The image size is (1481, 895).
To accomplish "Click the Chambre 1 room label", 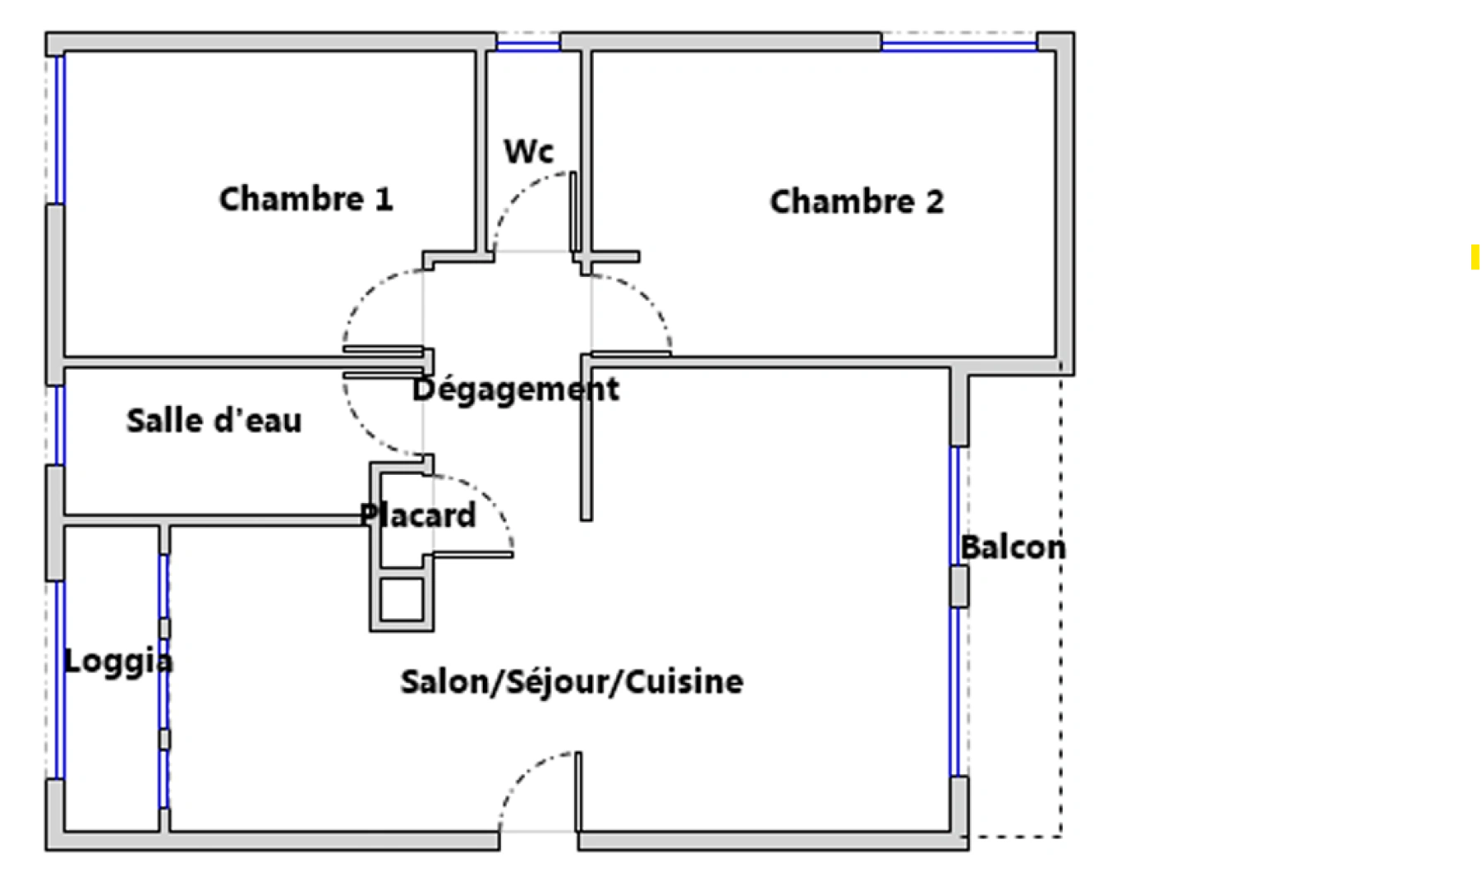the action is point(306,199).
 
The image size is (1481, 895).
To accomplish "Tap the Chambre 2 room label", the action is point(856,201).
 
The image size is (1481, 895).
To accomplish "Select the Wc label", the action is point(528,151).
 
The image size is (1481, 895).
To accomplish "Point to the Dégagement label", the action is point(515,389).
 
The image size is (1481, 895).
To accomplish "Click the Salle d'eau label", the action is point(214,420).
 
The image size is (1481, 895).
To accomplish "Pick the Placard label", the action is point(417,515).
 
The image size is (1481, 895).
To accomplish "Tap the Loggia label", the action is point(118,661).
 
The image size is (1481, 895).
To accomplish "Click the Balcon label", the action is point(1013,547).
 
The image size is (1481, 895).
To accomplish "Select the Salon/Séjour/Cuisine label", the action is point(572,681).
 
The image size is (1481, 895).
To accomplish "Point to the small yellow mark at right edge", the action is point(1475,257).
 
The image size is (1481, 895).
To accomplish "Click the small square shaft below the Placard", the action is point(402,599).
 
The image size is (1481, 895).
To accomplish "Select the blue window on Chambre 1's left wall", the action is point(59,129).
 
